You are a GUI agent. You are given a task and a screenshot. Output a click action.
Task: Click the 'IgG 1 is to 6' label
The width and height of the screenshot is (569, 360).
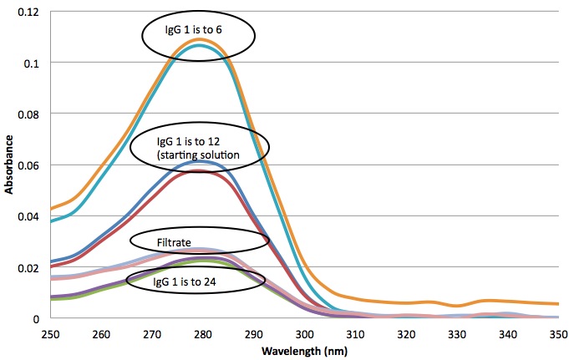pos(193,30)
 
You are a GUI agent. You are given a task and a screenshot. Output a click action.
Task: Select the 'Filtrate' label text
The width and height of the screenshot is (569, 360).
pos(174,242)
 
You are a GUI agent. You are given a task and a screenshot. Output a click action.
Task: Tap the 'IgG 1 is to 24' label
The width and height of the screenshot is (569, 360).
pos(185,281)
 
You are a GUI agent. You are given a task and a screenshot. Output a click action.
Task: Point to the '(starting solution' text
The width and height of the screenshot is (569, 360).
pos(198,155)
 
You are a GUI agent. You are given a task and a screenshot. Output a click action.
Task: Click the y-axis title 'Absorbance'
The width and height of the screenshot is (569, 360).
pos(8,165)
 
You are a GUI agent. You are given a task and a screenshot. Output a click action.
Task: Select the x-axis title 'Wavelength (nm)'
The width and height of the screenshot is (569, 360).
pos(304,351)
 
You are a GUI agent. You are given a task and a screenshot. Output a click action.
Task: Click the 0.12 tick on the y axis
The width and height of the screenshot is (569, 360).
pos(28,12)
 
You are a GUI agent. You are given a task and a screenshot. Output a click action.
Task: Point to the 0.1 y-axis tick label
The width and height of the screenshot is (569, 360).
pos(31,63)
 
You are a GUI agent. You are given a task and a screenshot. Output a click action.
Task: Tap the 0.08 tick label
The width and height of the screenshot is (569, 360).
pos(28,114)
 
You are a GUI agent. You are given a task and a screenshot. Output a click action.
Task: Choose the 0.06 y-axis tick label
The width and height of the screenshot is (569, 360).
pos(28,166)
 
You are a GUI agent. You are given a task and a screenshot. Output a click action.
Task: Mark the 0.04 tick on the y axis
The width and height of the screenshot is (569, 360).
pos(28,217)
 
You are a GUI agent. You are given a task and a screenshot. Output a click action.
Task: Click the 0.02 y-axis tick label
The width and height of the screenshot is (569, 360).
pos(28,268)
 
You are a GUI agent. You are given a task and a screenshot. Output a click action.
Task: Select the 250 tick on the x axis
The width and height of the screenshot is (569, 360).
pos(50,334)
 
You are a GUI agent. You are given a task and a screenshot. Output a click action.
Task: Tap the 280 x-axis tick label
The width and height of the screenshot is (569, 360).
pos(203,334)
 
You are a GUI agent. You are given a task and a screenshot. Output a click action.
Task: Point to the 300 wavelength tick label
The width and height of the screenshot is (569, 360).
pos(304,334)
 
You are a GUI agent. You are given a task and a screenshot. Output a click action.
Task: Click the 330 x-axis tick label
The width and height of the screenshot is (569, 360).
pos(457,334)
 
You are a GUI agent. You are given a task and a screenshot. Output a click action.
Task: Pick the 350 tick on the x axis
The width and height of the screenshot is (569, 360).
pos(558,334)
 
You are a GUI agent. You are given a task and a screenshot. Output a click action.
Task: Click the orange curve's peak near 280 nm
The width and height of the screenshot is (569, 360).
pos(199,39)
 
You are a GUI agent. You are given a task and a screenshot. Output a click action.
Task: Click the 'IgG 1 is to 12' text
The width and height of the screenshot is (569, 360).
pos(188,141)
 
